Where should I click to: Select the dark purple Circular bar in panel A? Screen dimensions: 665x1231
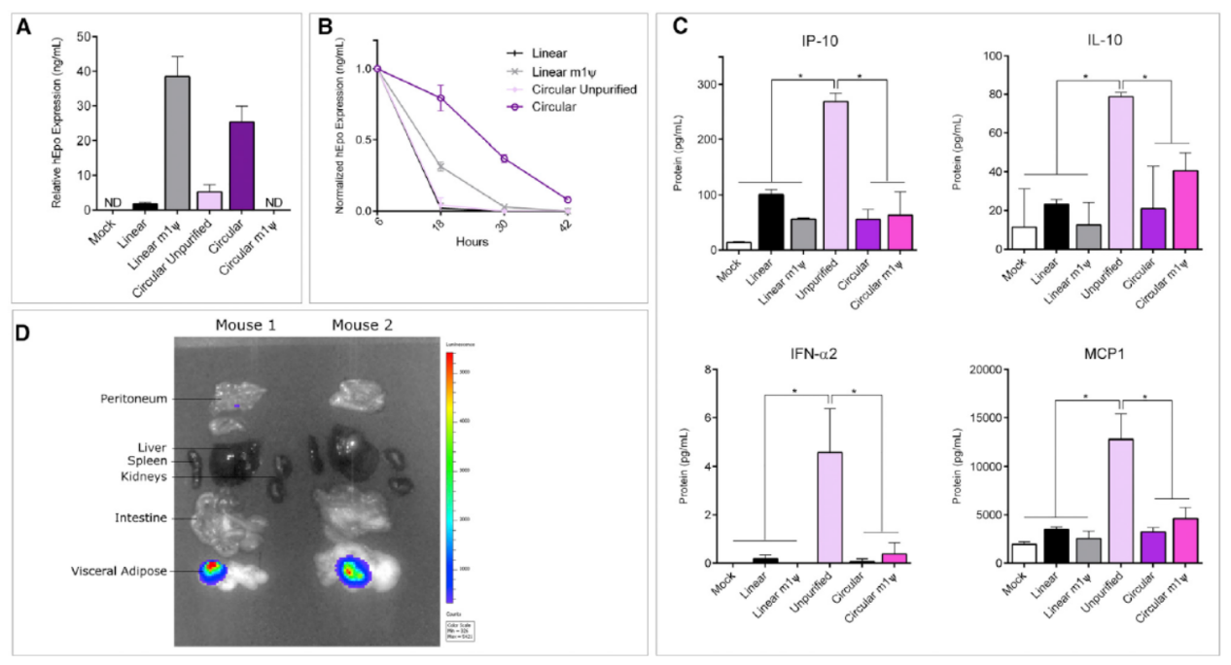point(233,165)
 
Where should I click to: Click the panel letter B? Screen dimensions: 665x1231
point(327,27)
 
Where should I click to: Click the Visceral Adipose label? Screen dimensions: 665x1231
point(126,572)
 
